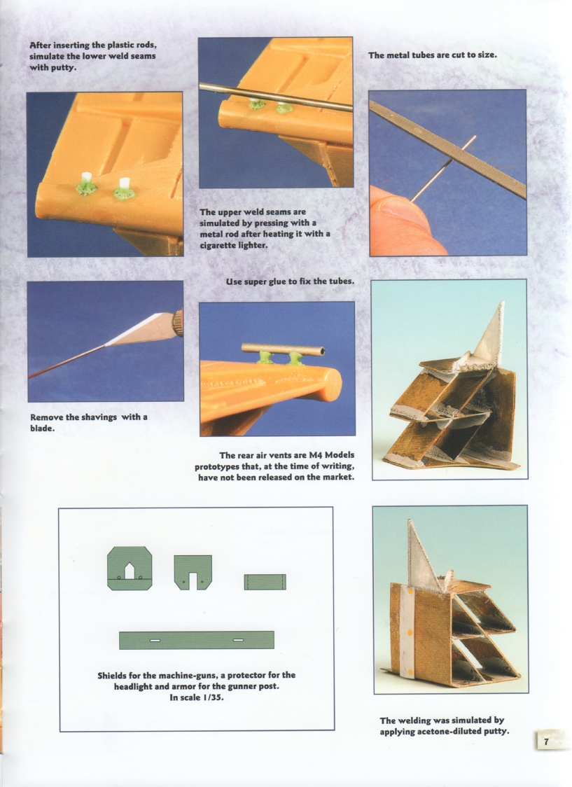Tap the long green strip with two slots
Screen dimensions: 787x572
[196, 640]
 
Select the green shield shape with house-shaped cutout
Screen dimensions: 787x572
[130, 568]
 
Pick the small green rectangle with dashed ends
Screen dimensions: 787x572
[265, 582]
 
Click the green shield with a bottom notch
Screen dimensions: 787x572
[193, 571]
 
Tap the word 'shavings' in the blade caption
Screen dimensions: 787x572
[94, 417]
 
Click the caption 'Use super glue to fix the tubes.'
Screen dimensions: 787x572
[290, 281]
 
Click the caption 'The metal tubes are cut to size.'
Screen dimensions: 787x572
[432, 55]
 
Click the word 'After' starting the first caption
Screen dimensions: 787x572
[41, 46]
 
